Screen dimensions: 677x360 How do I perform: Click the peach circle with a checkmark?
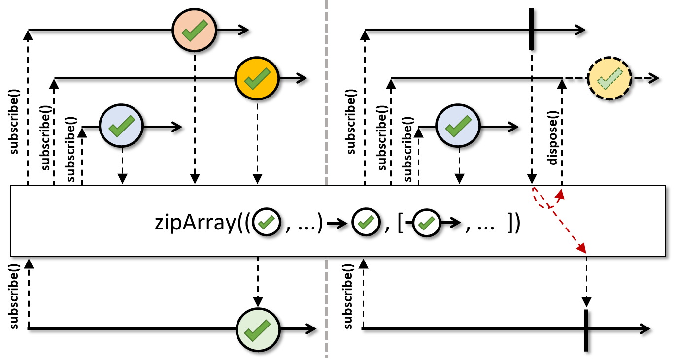coord(194,30)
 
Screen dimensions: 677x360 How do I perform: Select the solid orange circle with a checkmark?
coord(257,78)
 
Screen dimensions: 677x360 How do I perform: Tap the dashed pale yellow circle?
coord(609,78)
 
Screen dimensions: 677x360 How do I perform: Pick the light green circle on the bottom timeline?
coord(258,329)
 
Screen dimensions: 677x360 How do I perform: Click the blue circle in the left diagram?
coord(121,126)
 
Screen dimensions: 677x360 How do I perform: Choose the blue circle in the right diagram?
coord(458,126)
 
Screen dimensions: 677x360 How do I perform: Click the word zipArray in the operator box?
coord(195,223)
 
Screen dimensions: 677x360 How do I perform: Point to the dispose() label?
coord(553,138)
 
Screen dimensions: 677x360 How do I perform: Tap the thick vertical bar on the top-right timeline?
coord(531,29)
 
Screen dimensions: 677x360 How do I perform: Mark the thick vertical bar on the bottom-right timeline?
coord(586,330)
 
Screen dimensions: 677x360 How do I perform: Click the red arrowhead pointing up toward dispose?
coord(561,195)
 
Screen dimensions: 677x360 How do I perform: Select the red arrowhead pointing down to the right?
coord(582,249)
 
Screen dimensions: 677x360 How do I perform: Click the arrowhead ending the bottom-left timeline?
coord(311,329)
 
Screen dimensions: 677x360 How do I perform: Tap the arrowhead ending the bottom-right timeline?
coord(644,329)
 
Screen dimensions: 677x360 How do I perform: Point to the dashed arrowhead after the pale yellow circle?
coord(654,78)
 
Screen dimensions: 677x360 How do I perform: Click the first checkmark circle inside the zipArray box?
coord(267,222)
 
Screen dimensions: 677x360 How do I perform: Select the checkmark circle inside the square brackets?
coord(426,223)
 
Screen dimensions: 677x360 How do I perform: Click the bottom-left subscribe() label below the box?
coord(14,296)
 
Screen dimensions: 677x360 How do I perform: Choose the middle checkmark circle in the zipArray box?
coord(366,222)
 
